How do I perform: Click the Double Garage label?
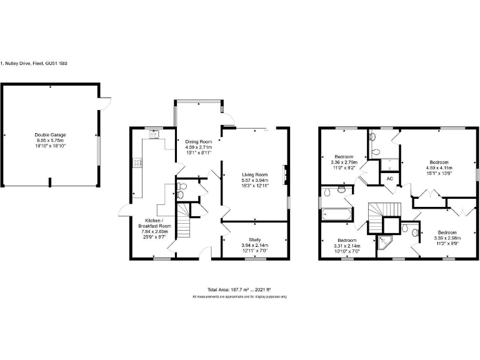click(51, 134)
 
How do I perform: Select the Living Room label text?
click(254, 174)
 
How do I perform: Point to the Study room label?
click(254, 239)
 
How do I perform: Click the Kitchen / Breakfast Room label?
click(154, 224)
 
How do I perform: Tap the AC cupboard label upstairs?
click(389, 178)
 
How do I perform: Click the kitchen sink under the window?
click(154, 133)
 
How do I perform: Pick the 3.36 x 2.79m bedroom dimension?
click(344, 162)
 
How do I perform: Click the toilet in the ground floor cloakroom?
click(181, 194)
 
